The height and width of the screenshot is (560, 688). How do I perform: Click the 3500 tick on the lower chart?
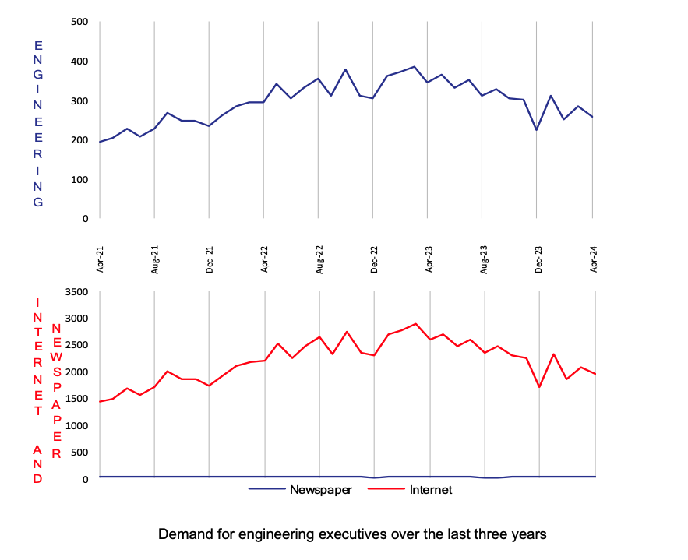[75, 291]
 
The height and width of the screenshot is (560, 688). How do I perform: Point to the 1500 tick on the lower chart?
[75, 399]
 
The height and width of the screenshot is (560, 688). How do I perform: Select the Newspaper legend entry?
[320, 490]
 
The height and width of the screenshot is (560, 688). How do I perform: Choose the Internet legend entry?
[431, 490]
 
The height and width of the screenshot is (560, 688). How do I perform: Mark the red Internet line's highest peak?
[415, 324]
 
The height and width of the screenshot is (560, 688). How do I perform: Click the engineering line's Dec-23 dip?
[537, 129]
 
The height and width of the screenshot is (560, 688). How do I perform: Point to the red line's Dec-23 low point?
[539, 387]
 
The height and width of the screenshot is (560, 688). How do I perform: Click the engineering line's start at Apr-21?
[101, 142]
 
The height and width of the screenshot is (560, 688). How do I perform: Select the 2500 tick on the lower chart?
[75, 345]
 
